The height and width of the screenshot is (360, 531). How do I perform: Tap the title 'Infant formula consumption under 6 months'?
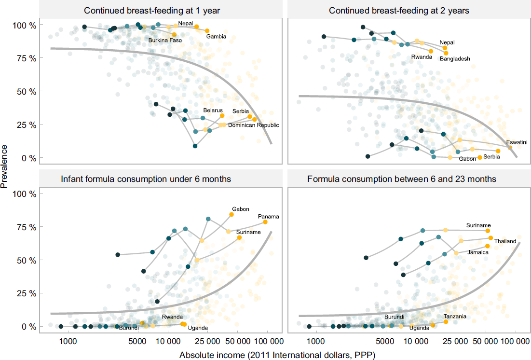(146, 180)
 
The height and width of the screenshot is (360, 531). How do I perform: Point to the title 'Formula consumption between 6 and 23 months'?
(402, 180)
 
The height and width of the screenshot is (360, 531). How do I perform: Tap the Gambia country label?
(216, 37)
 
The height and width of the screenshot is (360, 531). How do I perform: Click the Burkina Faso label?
(165, 40)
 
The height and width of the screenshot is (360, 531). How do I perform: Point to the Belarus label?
(213, 111)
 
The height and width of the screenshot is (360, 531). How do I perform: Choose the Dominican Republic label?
(253, 125)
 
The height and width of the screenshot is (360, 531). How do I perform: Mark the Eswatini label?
(517, 142)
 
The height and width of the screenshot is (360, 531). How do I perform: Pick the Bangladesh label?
(455, 59)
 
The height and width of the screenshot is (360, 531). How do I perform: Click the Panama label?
(269, 217)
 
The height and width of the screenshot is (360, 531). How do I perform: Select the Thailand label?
(505, 241)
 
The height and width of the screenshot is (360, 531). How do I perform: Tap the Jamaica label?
(478, 252)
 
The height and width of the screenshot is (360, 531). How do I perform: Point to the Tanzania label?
(455, 317)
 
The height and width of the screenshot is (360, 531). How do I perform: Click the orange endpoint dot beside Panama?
(265, 222)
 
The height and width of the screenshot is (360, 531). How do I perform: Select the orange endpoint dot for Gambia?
(207, 31)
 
